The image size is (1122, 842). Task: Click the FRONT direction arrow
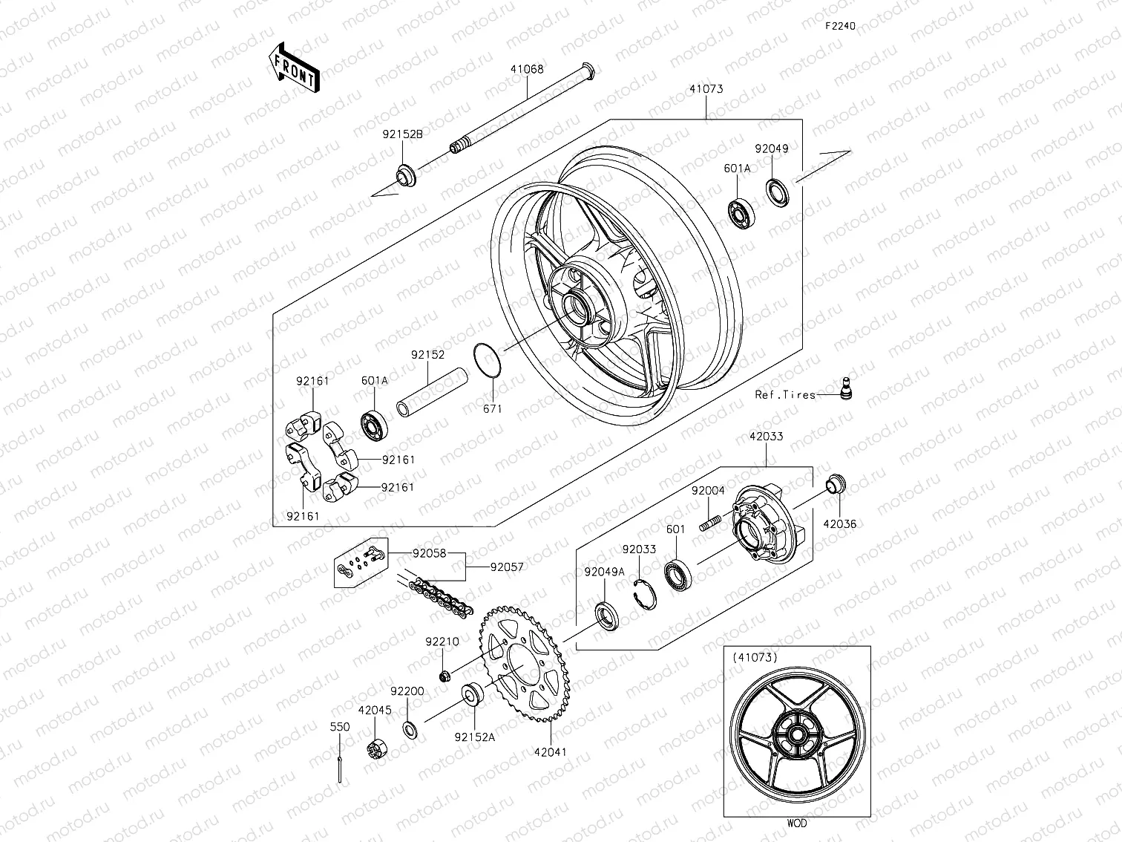(293, 68)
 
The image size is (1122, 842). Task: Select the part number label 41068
(526, 69)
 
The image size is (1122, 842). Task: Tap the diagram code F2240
(841, 26)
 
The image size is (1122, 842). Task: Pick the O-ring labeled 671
(487, 360)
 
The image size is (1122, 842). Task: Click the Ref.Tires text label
(785, 395)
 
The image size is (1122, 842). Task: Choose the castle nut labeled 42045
(377, 748)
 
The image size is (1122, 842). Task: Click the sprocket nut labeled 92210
(445, 676)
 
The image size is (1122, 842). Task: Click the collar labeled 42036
(836, 483)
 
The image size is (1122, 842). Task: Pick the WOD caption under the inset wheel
(796, 823)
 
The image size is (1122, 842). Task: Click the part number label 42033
(766, 437)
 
